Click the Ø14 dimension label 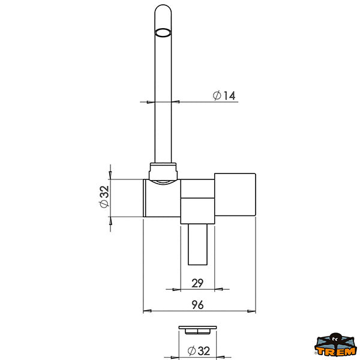click(224, 95)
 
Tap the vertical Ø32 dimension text click(104, 197)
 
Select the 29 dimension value click(197, 283)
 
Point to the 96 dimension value click(197, 305)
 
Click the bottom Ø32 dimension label click(199, 351)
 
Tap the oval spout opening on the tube click(163, 32)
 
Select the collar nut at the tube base click(163, 171)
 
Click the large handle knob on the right click(235, 194)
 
